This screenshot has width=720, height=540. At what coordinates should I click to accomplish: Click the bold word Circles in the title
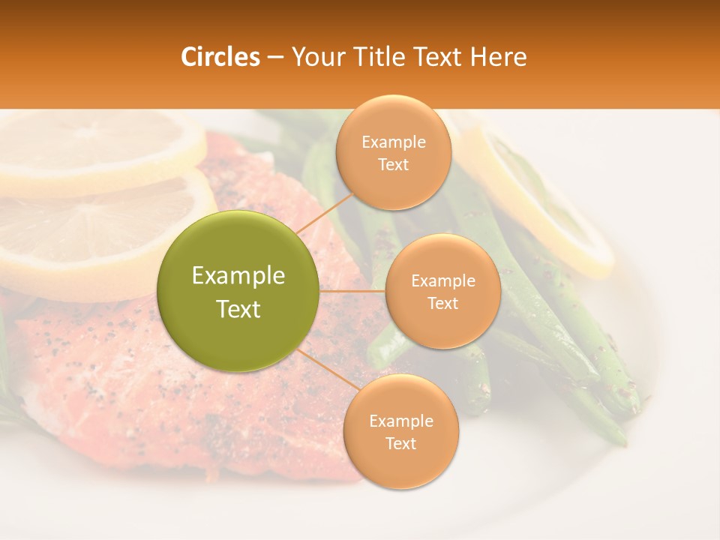(x=220, y=57)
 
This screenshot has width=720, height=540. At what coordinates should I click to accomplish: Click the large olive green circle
(x=238, y=291)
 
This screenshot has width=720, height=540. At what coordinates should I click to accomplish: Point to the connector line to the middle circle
(x=352, y=291)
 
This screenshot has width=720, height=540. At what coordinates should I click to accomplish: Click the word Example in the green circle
(x=238, y=276)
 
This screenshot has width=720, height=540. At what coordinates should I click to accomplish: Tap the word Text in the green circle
(x=238, y=309)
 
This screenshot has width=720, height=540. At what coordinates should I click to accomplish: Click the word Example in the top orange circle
(x=394, y=142)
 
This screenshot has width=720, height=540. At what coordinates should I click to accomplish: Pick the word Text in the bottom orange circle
(x=400, y=443)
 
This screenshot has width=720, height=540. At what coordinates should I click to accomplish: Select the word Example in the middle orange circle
(x=442, y=281)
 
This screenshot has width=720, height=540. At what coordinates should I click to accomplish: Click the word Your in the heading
(x=316, y=57)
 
